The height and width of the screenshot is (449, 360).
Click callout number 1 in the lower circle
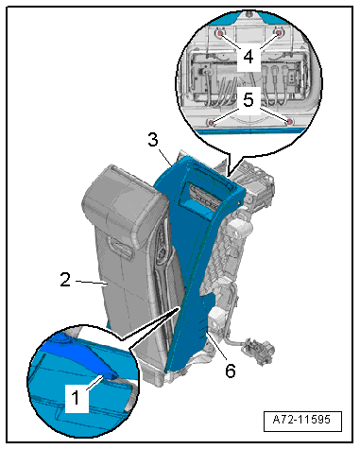tap(76, 398)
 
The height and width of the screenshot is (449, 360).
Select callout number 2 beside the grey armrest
tap(65, 280)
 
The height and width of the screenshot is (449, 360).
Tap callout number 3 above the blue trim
tap(153, 140)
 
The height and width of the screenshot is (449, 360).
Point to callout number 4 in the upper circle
tap(249, 58)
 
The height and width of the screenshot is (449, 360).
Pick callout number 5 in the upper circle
tap(249, 100)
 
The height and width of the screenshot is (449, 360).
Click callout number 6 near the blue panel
tap(231, 371)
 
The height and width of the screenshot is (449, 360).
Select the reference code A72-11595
tap(301, 420)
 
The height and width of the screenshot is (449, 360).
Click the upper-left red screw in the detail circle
tap(220, 33)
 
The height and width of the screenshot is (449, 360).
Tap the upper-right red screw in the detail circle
tap(279, 32)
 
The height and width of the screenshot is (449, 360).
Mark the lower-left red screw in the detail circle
tap(211, 122)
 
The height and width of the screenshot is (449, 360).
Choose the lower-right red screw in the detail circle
tap(289, 122)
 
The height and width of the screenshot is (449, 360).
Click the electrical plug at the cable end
tap(258, 352)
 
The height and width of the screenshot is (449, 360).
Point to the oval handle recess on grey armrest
tap(121, 248)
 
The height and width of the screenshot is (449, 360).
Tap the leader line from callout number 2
tap(90, 283)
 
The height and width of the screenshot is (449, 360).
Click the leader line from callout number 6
tap(215, 346)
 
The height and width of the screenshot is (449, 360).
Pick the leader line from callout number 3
tap(165, 159)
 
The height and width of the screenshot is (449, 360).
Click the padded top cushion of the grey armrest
tap(125, 201)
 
